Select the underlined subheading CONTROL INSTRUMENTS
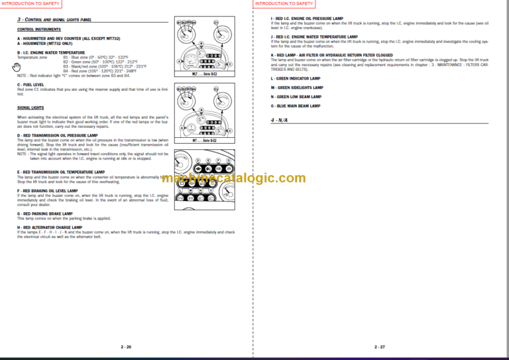[36, 30]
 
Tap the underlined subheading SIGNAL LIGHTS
[30, 107]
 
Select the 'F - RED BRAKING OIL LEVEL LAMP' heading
[57, 190]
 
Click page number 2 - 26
[126, 347]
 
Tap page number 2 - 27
[380, 347]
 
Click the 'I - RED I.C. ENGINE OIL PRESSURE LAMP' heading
[314, 19]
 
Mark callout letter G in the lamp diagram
[229, 160]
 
